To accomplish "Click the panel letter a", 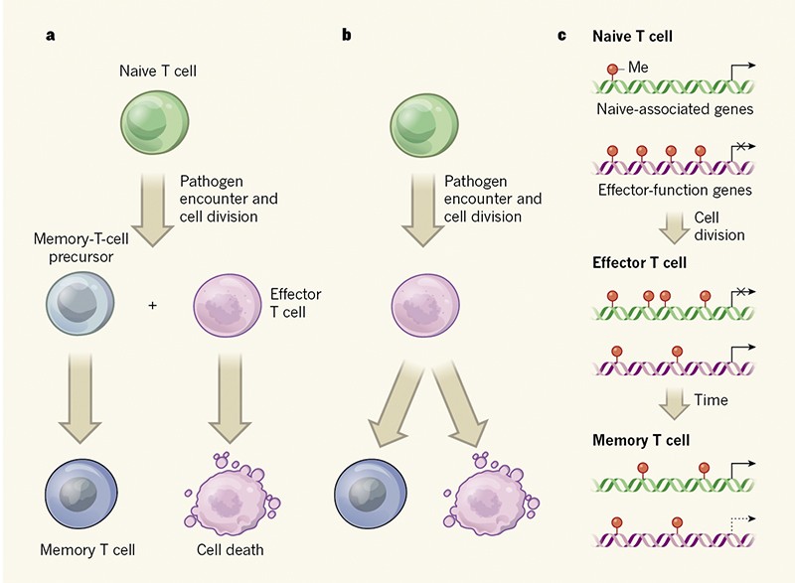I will point(50,36).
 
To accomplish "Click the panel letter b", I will point(346,36).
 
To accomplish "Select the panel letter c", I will point(562,36).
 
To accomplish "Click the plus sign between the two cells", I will point(152,305).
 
